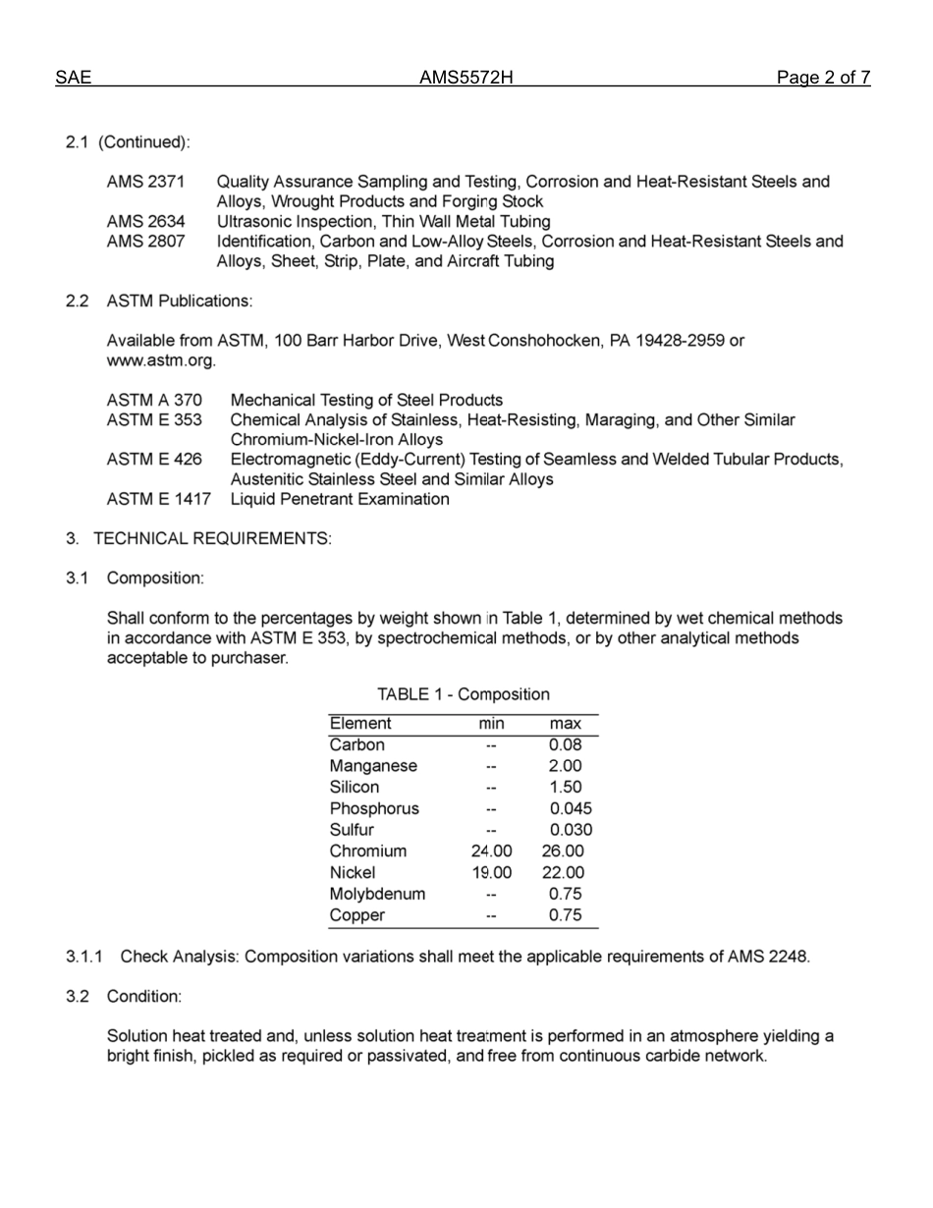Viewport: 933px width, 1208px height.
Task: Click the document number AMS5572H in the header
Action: [x=466, y=79]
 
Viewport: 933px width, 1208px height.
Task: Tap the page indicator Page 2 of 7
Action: [x=822, y=79]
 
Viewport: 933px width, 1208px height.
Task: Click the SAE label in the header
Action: [x=74, y=79]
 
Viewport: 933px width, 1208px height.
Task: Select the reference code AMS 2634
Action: [x=145, y=222]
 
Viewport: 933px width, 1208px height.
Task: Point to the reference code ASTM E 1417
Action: [x=158, y=499]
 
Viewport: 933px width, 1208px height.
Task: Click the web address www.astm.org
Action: [x=160, y=360]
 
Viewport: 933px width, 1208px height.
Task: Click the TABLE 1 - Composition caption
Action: [x=464, y=694]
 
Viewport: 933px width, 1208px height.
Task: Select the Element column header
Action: [x=360, y=724]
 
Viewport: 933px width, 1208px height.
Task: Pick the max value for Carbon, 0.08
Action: [x=566, y=744]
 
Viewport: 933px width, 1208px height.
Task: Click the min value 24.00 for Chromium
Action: [x=491, y=851]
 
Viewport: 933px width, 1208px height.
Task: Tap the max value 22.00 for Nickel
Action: [x=563, y=873]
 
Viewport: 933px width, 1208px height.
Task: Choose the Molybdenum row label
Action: [x=377, y=894]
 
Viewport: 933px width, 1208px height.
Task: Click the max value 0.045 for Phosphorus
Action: [x=571, y=809]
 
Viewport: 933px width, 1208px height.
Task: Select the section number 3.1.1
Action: [x=85, y=957]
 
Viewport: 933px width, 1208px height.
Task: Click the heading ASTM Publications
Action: [x=179, y=301]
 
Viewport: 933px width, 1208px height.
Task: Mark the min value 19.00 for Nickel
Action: [x=491, y=873]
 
